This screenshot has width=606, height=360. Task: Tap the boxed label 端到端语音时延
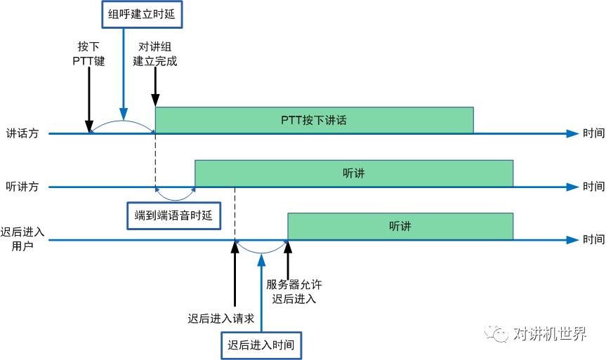point(173,215)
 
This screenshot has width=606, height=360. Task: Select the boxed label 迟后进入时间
point(261,345)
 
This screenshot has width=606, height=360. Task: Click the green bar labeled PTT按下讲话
point(314,120)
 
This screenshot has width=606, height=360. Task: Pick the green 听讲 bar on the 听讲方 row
point(354,173)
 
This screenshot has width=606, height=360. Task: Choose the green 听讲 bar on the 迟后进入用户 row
point(400,227)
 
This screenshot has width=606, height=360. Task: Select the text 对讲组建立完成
point(154,53)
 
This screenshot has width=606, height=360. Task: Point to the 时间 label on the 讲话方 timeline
point(593,133)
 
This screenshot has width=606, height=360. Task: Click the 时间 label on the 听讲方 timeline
point(593,187)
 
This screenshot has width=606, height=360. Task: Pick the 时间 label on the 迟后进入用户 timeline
point(593,240)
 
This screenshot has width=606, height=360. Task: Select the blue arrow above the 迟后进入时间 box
point(261,295)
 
